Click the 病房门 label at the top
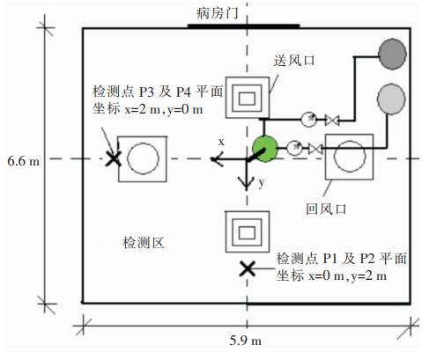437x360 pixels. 217,13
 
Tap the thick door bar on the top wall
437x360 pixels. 243,26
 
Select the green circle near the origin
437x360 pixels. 265,149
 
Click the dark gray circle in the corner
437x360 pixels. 392,54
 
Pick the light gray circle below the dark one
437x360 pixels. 391,99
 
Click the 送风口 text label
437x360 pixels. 294,61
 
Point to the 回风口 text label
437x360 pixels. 326,209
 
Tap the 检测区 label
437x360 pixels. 144,243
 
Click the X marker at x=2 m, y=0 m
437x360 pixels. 114,158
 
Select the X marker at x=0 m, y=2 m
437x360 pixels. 248,268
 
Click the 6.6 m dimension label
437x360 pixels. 24,161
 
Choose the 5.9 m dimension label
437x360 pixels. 246,341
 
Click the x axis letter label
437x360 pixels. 221,142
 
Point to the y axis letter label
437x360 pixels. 262,183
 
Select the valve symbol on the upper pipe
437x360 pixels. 332,121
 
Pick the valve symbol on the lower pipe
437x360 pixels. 315,149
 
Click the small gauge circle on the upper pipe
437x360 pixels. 308,120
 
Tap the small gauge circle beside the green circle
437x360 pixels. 294,148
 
